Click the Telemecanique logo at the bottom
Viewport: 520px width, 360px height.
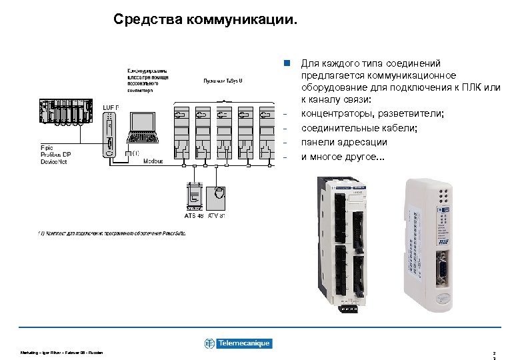[238, 343]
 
